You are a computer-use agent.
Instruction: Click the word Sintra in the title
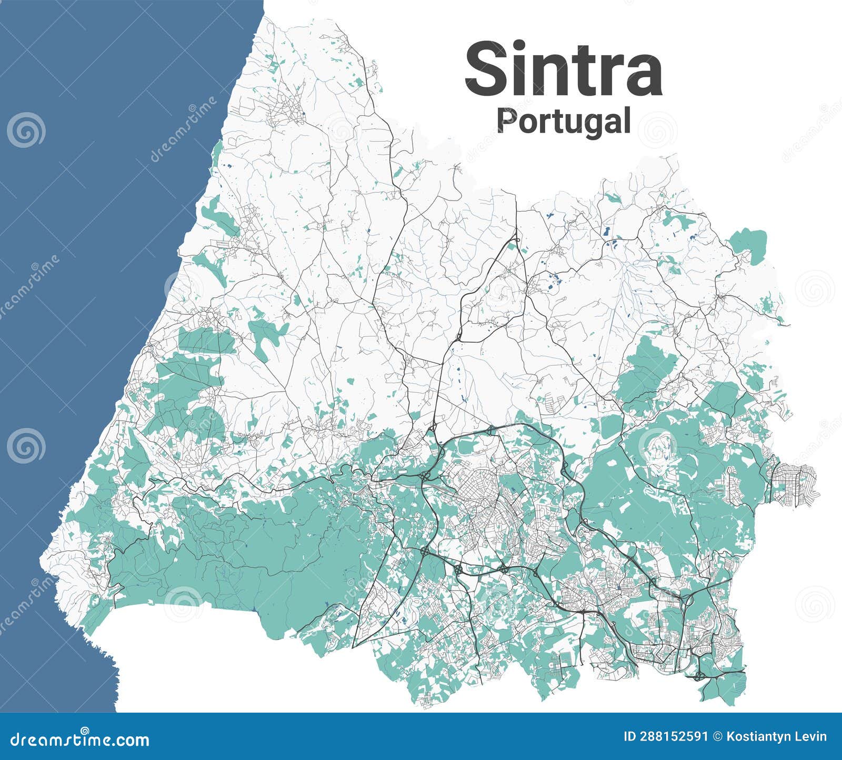coord(563,69)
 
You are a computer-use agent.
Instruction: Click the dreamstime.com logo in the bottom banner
coord(79,739)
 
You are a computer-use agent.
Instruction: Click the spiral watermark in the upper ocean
coord(26,130)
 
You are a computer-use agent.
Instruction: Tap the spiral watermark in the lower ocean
coord(26,446)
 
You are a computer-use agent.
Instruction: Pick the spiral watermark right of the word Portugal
coord(658,130)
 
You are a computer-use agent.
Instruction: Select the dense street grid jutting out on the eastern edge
coord(795,484)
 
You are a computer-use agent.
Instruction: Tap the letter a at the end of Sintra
coord(643,77)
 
